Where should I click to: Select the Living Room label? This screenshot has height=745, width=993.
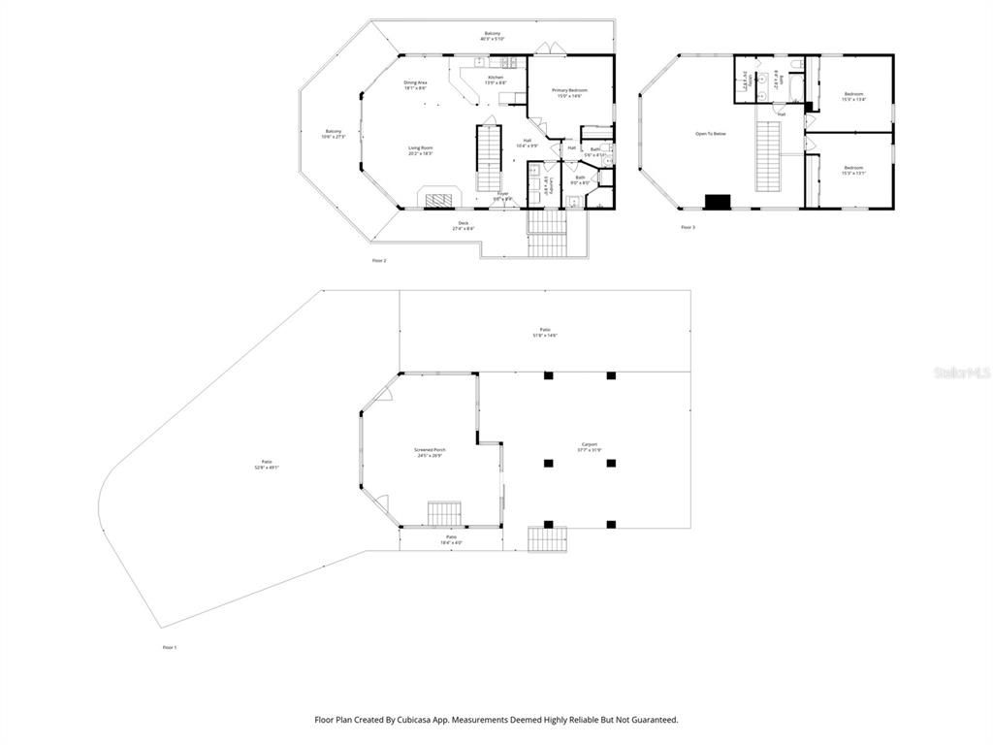pyautogui.click(x=420, y=150)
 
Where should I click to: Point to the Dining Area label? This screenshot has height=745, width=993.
pyautogui.click(x=416, y=85)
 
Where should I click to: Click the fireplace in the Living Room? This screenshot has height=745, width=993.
pyautogui.click(x=441, y=199)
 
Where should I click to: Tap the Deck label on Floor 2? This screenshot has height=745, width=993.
pyautogui.click(x=464, y=226)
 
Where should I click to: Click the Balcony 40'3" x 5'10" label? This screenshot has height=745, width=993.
pyautogui.click(x=493, y=36)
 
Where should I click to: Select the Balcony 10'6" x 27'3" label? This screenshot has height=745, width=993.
pyautogui.click(x=334, y=134)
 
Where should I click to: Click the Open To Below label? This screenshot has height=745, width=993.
pyautogui.click(x=710, y=133)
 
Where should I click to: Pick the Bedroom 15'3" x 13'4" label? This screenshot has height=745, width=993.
pyautogui.click(x=853, y=96)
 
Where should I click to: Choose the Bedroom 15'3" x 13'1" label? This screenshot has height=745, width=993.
pyautogui.click(x=853, y=171)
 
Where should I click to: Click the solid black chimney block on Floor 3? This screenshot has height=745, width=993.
pyautogui.click(x=718, y=202)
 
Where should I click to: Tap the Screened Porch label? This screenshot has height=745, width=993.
pyautogui.click(x=430, y=453)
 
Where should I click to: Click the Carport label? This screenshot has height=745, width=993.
pyautogui.click(x=590, y=447)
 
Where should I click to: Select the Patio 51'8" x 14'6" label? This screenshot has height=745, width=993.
pyautogui.click(x=545, y=333)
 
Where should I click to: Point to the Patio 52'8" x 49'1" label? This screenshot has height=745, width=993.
pyautogui.click(x=267, y=465)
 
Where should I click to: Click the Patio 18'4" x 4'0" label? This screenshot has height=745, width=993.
pyautogui.click(x=451, y=539)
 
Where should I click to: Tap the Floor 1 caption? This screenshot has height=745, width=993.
pyautogui.click(x=170, y=647)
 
